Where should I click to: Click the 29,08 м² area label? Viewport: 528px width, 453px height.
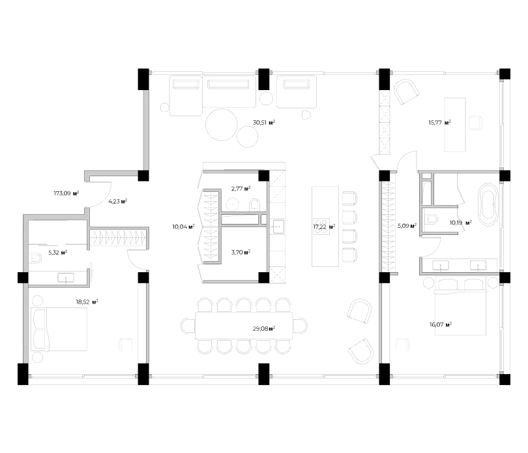[263, 330]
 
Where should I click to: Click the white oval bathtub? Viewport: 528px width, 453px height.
[488, 206]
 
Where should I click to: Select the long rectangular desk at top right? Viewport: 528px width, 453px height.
[456, 125]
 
